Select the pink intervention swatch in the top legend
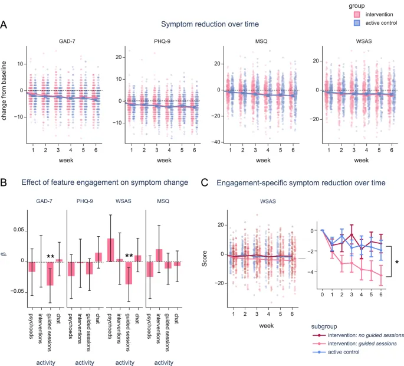pyautogui.click(x=342, y=14)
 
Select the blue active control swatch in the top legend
pyautogui.click(x=342, y=23)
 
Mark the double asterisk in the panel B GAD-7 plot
pyautogui.click(x=51, y=257)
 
